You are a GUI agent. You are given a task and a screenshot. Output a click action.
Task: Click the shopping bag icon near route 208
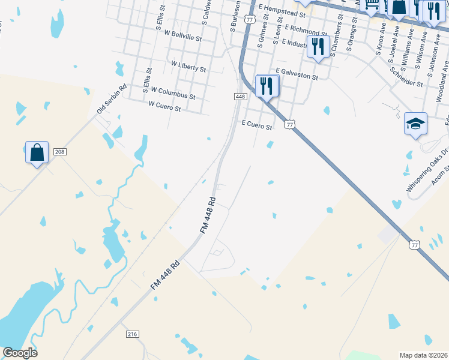click(x=37, y=152)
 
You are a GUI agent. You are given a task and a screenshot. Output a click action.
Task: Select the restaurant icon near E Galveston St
click(x=267, y=86)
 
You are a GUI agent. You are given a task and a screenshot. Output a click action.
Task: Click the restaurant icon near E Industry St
click(x=318, y=46)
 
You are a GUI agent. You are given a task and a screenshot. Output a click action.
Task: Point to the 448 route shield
click(x=240, y=97)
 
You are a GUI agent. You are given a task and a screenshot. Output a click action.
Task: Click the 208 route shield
click(x=59, y=152)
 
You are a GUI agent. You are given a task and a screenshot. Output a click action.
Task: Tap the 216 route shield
click(x=133, y=334)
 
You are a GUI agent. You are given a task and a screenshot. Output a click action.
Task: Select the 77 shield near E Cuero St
click(x=290, y=124)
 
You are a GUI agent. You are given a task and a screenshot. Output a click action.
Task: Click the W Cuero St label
click(x=164, y=106)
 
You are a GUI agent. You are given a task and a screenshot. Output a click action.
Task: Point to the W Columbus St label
click(x=173, y=93)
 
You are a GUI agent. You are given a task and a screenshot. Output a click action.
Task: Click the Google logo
click(x=20, y=353)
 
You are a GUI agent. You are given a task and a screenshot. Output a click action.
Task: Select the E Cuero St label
click(x=257, y=125)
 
